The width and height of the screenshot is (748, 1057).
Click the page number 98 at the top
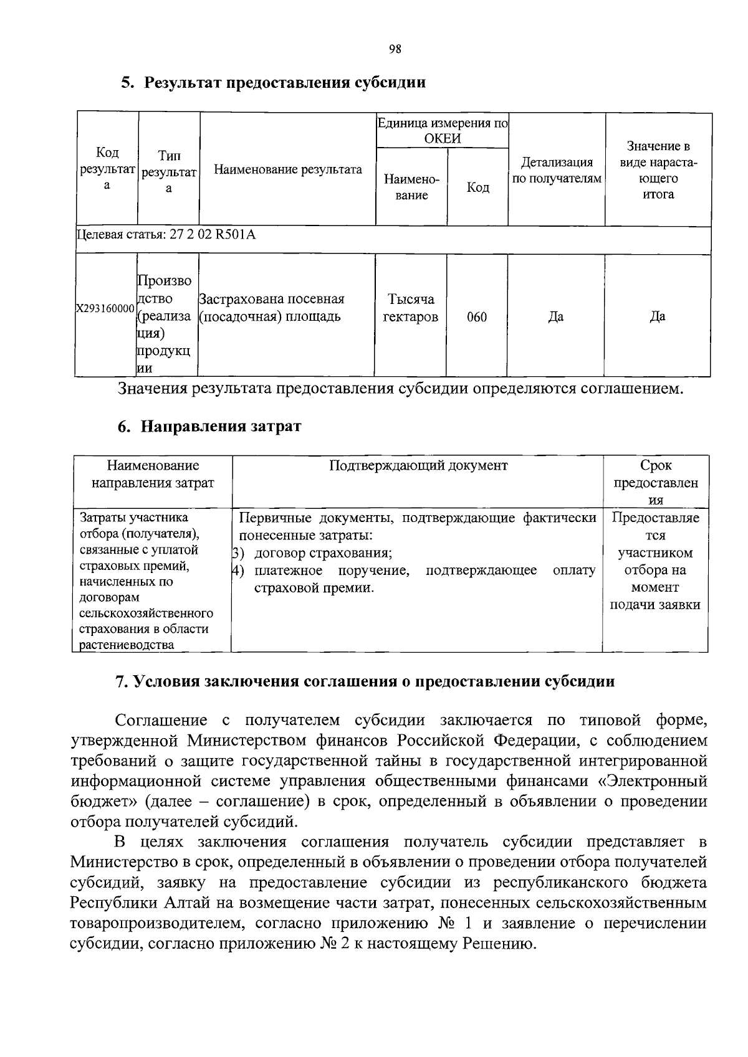(x=395, y=50)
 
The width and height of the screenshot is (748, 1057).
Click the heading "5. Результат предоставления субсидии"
(x=274, y=83)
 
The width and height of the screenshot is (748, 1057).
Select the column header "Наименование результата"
(x=287, y=169)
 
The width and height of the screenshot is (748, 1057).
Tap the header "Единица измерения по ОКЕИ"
(x=442, y=131)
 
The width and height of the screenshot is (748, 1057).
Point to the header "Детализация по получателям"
(x=556, y=170)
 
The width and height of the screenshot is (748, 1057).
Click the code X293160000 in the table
(x=105, y=309)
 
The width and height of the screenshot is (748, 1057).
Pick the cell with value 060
(x=477, y=317)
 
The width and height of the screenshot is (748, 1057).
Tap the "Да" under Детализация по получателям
(x=555, y=316)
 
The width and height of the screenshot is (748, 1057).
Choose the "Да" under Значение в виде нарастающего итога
(x=658, y=316)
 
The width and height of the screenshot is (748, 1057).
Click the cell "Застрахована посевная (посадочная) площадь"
(x=271, y=308)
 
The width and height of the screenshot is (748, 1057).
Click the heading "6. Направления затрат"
(x=209, y=427)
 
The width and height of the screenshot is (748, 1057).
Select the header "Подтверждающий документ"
(x=418, y=465)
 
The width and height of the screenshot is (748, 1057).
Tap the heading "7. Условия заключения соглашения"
(x=365, y=681)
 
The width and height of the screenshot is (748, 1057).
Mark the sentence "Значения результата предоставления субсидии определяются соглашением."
(x=401, y=389)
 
